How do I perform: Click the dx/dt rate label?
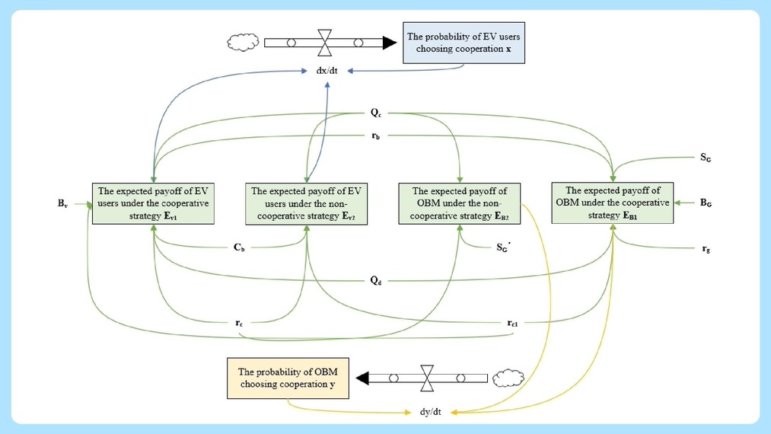coord(327,71)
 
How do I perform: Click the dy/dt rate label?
coord(430,412)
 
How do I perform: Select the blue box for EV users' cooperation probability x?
coord(464,43)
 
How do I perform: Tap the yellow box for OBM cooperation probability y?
coord(288,378)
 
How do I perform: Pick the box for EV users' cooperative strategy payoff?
coord(154,203)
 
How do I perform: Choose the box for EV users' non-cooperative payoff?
coord(306,204)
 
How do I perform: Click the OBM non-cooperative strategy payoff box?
coord(459,203)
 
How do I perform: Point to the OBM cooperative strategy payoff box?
coord(613,203)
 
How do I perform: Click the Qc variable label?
coord(376,113)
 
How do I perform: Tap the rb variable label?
coord(376,136)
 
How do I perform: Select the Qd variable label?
coord(376,280)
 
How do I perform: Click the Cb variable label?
coord(239,247)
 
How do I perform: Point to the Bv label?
coord(62,203)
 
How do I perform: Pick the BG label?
coord(706,203)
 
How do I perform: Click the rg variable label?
coord(706,248)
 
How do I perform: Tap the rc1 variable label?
coord(512,323)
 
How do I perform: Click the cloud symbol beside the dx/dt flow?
coord(243,43)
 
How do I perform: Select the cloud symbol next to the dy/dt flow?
coord(508,378)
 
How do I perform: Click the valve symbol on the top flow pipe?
coord(324,43)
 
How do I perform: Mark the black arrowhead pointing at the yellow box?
coord(362,378)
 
